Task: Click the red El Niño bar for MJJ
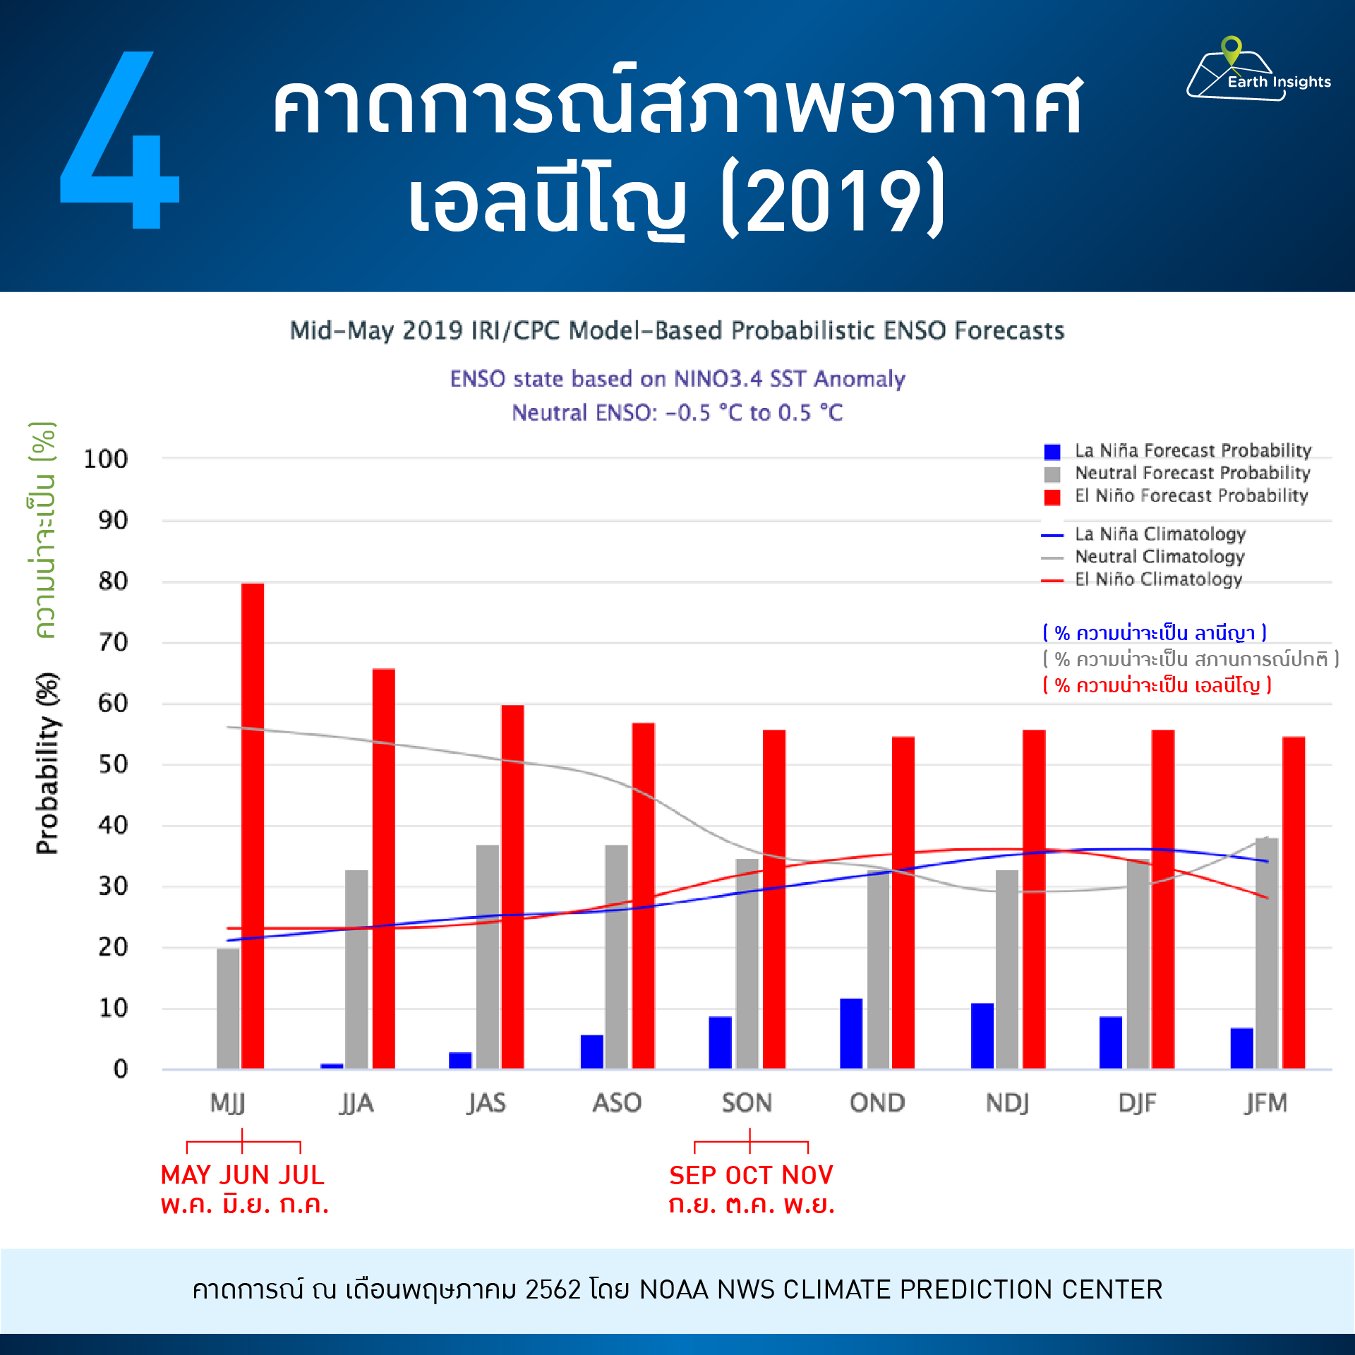click(253, 826)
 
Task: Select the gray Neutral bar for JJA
click(356, 970)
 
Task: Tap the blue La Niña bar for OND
click(851, 1034)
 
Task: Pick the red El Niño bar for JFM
click(1294, 903)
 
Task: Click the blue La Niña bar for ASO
click(592, 1052)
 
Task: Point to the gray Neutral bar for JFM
click(1267, 953)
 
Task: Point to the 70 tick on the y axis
click(113, 643)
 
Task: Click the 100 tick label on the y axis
click(106, 459)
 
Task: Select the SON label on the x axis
click(747, 1103)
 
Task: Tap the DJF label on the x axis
click(1137, 1103)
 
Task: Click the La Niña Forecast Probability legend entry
click(1177, 451)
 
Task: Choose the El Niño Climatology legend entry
click(1142, 579)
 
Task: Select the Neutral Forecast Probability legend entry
click(1177, 474)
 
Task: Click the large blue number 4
click(120, 140)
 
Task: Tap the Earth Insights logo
click(1259, 69)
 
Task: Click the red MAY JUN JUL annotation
click(243, 1175)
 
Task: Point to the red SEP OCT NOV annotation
click(751, 1175)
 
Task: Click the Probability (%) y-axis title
click(47, 764)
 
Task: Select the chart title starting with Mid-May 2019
click(677, 330)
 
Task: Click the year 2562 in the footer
click(553, 1289)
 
